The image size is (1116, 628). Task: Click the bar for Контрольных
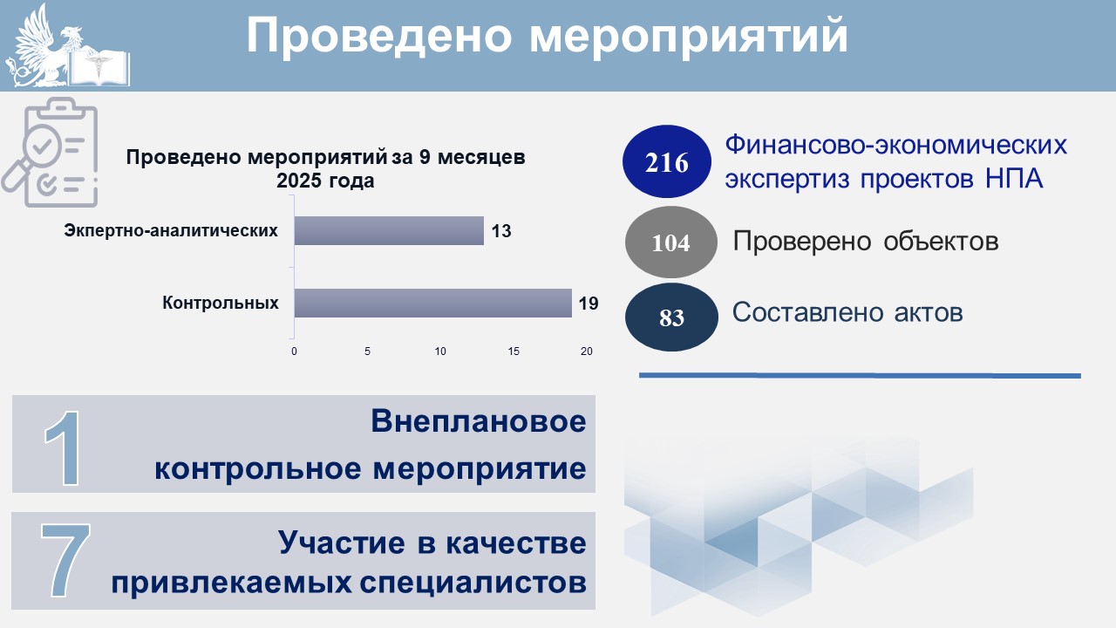pos(433,303)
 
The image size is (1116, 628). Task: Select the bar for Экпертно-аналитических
pos(389,231)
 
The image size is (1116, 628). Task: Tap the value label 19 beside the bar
pos(589,303)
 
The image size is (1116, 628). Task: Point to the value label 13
pos(501,231)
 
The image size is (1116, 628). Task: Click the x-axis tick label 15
pos(514,352)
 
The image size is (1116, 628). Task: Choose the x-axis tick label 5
pos(367,352)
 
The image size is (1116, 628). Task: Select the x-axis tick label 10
pos(440,352)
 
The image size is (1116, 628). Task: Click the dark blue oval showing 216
pos(667,161)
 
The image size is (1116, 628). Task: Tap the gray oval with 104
pos(671,242)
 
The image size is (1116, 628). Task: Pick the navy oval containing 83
pos(671,317)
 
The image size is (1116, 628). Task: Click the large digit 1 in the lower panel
pos(64,448)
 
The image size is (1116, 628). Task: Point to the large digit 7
pos(65,560)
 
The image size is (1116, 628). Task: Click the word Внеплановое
pos(479,421)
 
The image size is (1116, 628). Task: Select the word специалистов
pos(473,584)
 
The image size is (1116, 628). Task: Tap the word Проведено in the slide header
pos(379,35)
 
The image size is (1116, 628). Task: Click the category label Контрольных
pos(221,303)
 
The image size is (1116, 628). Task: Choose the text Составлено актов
pos(847,312)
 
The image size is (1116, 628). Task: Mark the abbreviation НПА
pos(1014,178)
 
